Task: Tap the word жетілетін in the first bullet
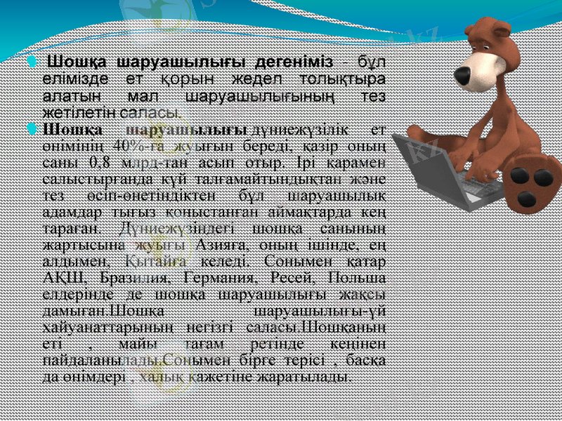(x=78, y=111)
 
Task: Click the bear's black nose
(x=464, y=74)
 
